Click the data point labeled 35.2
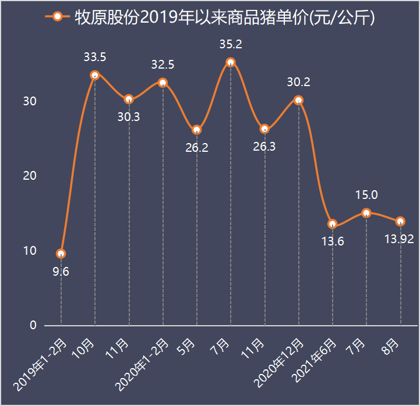[x=231, y=62]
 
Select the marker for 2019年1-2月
[x=61, y=254]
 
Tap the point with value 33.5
[x=95, y=75]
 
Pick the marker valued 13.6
[x=333, y=225]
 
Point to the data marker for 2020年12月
[x=298, y=100]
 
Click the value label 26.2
[x=197, y=148]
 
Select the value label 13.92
[x=400, y=240]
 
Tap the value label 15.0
[x=366, y=195]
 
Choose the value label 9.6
[x=61, y=272]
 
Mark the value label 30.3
[x=129, y=117]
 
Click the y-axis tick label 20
[x=30, y=176]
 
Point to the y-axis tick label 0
[x=33, y=326]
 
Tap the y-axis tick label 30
[x=30, y=101]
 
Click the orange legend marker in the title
[x=57, y=17]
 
